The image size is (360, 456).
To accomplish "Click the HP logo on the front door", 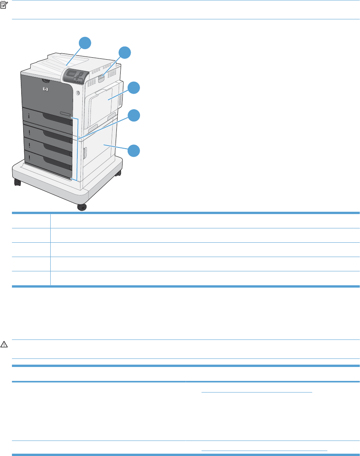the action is click(45, 89).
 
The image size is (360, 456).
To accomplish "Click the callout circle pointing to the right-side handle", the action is click(125, 53).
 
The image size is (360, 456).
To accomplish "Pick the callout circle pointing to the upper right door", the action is click(133, 88).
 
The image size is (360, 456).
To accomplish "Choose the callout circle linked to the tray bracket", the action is click(133, 115).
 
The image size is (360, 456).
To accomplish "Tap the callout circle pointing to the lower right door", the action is click(133, 150).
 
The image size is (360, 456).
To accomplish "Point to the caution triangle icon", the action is click(4, 344).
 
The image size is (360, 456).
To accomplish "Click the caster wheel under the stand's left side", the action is click(17, 182).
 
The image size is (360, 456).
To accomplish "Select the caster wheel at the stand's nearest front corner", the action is click(82, 207).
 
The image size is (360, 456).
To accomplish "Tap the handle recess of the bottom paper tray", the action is click(58, 162).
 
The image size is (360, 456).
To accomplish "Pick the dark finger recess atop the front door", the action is click(47, 81).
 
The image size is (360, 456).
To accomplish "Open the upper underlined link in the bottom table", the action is click(257, 392).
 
